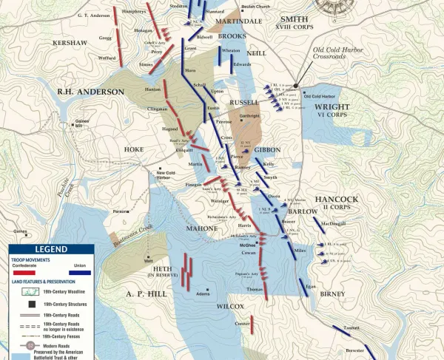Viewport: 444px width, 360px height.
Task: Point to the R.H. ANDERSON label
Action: tap(91, 92)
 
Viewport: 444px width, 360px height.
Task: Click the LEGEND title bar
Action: tap(51, 251)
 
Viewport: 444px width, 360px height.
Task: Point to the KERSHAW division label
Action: tap(70, 44)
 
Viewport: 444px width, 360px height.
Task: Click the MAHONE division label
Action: tap(201, 228)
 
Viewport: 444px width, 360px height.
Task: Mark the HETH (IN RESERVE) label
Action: tap(159, 271)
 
